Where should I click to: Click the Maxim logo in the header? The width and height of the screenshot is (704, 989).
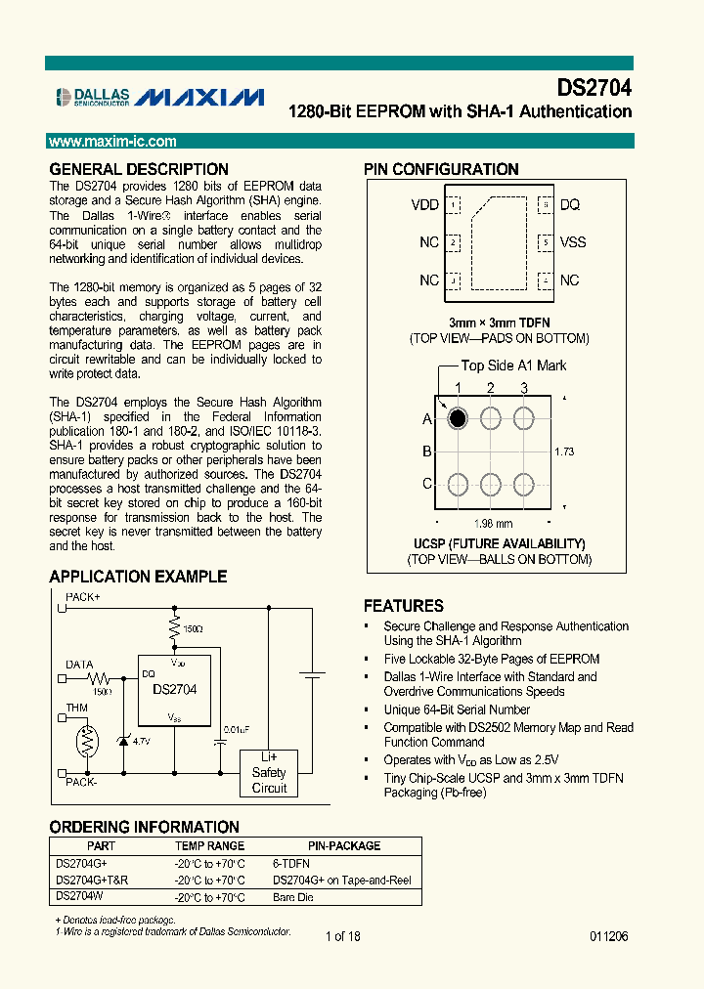click(x=198, y=96)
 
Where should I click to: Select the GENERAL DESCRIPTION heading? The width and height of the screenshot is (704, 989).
click(x=138, y=169)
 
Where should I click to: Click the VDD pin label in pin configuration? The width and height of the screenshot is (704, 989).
click(x=424, y=205)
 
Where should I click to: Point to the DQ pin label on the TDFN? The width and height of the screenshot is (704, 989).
click(x=570, y=205)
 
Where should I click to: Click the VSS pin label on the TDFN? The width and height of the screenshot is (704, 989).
click(x=573, y=242)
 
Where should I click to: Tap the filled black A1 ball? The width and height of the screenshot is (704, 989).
click(x=457, y=418)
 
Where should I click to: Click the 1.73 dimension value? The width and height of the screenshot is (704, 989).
click(x=563, y=451)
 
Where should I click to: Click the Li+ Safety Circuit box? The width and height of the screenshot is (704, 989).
click(x=270, y=773)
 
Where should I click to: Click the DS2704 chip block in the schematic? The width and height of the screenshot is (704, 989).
click(x=174, y=689)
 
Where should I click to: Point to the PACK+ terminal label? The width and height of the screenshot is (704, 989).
click(x=83, y=595)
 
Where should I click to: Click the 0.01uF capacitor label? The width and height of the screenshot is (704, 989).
click(x=236, y=729)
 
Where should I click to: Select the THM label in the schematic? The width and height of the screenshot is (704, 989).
click(x=76, y=708)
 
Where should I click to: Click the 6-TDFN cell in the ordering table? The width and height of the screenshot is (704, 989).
click(x=291, y=864)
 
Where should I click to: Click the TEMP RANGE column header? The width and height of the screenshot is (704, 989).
click(x=209, y=846)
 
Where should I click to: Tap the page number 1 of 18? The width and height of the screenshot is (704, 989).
click(x=342, y=936)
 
